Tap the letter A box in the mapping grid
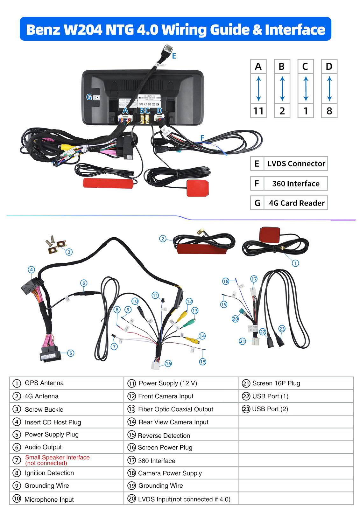(x=258, y=66)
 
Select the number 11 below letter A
(x=258, y=111)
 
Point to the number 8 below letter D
(x=329, y=111)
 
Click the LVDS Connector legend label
(x=296, y=164)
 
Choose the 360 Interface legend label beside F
(x=296, y=184)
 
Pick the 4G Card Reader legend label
(x=297, y=203)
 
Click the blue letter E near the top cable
(x=174, y=56)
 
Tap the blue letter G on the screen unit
(x=89, y=97)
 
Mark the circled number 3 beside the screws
(x=69, y=252)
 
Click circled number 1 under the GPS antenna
(x=295, y=263)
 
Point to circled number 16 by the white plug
(x=168, y=363)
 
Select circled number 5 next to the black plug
(x=71, y=353)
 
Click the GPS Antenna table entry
(x=44, y=383)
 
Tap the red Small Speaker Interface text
(x=57, y=457)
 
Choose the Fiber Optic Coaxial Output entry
(x=175, y=409)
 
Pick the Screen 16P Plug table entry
(x=276, y=383)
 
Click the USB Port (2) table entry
(x=270, y=409)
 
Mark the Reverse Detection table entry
(x=164, y=436)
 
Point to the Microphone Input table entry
(x=49, y=499)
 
